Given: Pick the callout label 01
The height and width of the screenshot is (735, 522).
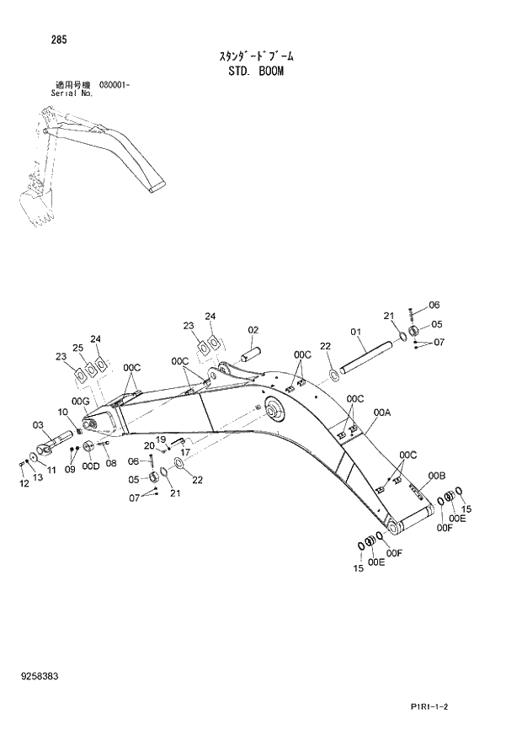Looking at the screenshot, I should tap(354, 333).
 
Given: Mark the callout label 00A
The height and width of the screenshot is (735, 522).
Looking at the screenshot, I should tap(381, 413).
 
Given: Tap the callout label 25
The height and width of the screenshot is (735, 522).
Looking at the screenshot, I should tap(77, 348).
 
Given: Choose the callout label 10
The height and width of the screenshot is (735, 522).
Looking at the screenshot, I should tap(62, 411).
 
